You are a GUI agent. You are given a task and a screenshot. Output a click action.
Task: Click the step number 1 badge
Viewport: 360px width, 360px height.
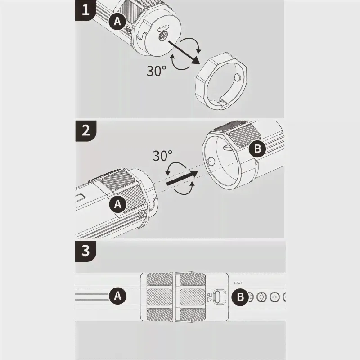coord(85,10)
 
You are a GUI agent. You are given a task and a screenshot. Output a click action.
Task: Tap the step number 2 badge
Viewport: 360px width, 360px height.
coord(85,130)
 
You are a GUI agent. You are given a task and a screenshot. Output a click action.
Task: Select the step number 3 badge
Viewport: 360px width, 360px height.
coord(85,251)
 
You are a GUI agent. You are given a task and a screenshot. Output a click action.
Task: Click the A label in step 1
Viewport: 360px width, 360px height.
coord(117,22)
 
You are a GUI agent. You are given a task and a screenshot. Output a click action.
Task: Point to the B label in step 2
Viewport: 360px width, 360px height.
coord(257,148)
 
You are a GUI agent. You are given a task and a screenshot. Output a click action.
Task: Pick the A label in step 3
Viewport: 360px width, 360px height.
coord(117,296)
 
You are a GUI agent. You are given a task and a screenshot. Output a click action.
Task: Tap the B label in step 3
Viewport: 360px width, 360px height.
coord(240,297)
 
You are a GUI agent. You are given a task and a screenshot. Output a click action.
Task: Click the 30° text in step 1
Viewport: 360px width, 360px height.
coord(156,71)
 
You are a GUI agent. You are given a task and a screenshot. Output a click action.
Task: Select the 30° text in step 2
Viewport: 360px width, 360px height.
coord(162,156)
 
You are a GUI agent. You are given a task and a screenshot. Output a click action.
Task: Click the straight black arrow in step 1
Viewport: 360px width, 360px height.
coord(184,52)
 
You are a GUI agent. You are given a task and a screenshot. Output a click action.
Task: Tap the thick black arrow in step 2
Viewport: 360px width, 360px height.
coord(182,178)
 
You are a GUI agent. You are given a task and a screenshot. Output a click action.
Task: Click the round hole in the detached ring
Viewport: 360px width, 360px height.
coord(238,78)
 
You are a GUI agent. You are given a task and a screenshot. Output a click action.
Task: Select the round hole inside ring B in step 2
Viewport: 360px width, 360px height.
coord(211,162)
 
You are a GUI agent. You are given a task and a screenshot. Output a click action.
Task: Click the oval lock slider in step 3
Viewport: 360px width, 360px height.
coord(220,297)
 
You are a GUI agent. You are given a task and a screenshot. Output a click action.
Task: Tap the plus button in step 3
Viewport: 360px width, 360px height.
coord(274,297)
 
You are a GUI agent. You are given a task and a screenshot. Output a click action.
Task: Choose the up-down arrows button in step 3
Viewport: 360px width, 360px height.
coord(261,297)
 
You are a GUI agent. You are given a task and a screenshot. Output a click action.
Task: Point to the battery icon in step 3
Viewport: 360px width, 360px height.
coord(239,283)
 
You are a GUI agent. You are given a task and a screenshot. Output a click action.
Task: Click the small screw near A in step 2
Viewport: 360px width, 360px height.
coord(140,215)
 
